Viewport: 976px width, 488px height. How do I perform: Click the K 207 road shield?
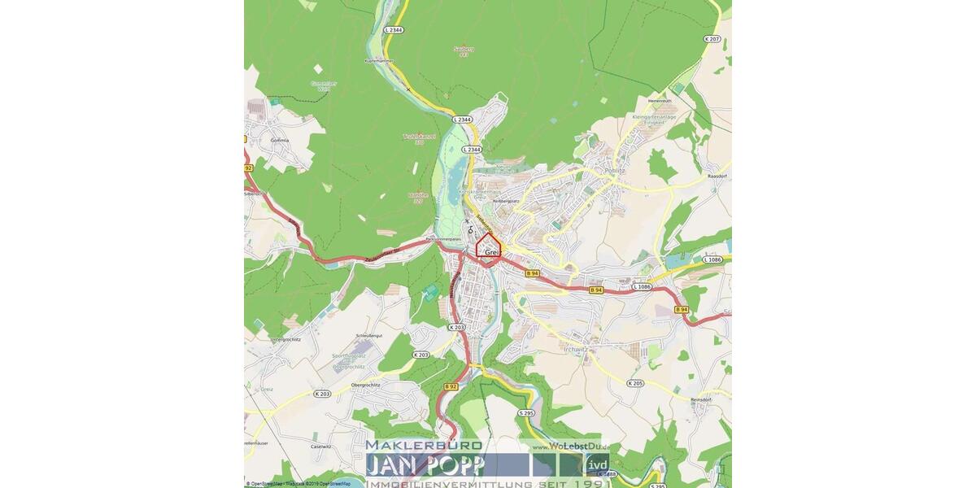(713, 39)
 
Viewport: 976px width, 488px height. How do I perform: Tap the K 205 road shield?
(635, 382)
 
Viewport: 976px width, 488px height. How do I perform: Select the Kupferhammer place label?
(378, 61)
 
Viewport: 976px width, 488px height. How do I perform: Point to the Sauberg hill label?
(463, 50)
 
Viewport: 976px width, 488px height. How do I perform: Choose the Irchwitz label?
(574, 349)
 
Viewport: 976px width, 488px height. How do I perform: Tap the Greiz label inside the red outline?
(490, 253)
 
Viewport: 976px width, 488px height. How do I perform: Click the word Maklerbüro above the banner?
(424, 446)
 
